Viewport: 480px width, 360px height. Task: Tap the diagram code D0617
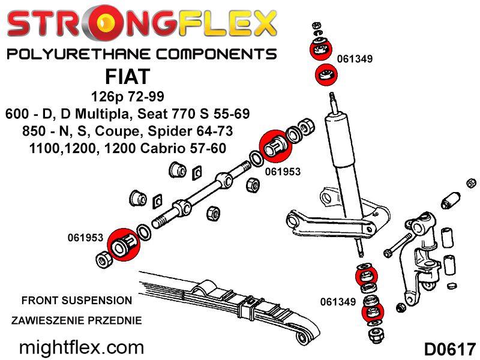450,349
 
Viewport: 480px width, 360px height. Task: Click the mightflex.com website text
82,348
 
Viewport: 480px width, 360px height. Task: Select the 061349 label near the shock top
355,59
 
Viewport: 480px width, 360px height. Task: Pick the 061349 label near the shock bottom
338,302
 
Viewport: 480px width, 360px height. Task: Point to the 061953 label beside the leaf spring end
85,238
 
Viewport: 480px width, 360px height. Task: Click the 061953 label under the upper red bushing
283,172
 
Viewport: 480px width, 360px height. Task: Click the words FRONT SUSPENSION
77,301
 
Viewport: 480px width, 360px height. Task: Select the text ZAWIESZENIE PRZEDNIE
77,320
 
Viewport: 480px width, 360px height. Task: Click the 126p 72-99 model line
128,97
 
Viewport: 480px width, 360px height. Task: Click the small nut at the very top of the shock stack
317,25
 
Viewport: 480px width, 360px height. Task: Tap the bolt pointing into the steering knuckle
397,245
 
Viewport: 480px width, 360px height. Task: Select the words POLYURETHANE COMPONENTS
142,54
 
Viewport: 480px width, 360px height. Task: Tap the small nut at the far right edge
472,184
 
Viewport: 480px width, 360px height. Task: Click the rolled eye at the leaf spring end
303,337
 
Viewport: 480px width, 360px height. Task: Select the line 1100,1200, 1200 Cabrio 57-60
128,148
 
